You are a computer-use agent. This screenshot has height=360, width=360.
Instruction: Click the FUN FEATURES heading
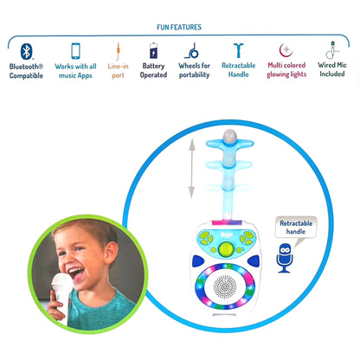179,27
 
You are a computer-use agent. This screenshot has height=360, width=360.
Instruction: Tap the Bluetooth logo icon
26,51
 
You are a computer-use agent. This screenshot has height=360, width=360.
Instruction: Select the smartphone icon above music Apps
75,51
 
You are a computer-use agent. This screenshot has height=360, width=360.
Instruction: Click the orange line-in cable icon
119,51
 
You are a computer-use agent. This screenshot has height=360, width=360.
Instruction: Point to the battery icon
153,50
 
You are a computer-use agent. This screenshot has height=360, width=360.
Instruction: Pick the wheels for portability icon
192,51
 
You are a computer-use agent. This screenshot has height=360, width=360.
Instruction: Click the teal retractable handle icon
239,50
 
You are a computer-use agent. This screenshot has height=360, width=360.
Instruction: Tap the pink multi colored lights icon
286,50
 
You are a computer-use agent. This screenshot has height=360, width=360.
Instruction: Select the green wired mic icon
332,49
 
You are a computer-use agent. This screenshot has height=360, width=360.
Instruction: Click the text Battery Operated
153,70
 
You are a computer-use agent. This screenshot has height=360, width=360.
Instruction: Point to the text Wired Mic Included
332,69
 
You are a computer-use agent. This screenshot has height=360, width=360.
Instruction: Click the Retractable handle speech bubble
296,228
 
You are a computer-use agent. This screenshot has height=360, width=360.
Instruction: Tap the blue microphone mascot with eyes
285,258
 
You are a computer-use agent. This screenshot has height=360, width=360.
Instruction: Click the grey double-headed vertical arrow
192,169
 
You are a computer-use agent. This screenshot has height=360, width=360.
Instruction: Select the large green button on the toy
226,249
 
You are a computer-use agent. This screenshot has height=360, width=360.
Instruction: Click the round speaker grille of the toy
225,287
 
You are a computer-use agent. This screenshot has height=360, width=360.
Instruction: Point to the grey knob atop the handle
230,136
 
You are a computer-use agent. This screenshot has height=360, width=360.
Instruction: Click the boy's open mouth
77,273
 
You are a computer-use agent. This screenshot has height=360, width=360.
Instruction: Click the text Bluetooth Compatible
26,71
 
